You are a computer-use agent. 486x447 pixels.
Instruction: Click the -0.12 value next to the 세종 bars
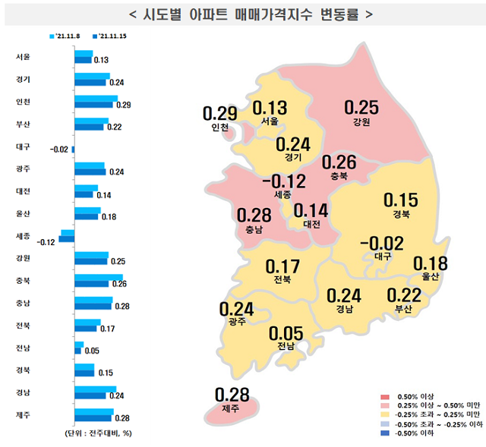(x=46, y=242)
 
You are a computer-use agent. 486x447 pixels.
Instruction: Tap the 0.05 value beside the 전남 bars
(x=92, y=351)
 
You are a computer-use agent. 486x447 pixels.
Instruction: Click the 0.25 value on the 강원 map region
(x=361, y=108)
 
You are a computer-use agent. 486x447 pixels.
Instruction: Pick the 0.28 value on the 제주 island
(x=232, y=394)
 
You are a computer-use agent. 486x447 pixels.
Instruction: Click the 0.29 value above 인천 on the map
(x=220, y=114)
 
